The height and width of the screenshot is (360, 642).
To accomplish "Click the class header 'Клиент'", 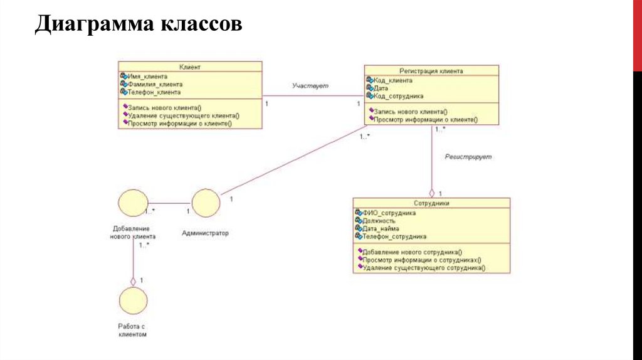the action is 190,66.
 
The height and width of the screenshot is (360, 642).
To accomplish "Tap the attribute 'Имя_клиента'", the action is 147,76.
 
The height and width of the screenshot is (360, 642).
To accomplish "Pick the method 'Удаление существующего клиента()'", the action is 183,115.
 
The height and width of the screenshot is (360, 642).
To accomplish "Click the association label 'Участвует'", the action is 310,85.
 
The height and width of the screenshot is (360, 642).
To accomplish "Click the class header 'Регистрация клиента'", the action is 431,71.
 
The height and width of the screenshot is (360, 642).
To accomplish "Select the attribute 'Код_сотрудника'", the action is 398,97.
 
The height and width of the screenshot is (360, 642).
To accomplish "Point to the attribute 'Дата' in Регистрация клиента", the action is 382,88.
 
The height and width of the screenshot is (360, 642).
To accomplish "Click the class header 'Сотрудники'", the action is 431,203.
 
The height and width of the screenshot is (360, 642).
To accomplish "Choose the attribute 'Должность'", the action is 379,221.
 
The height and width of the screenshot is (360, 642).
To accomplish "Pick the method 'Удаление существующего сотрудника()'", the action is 424,267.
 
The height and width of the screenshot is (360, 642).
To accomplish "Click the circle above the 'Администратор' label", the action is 206,203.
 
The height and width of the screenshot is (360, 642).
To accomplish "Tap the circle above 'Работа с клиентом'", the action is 132,301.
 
